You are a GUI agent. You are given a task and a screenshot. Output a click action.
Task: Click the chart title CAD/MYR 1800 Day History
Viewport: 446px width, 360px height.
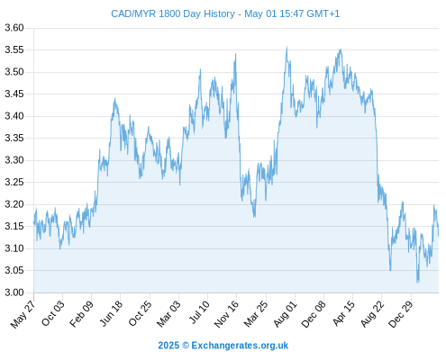[173, 13]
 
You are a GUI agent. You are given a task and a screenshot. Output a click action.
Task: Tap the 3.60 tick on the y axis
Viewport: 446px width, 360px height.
[14, 28]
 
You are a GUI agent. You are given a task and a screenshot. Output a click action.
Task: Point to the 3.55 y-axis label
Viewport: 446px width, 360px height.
[14, 49]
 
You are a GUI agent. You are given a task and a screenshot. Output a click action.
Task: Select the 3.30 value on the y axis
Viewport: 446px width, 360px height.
[14, 160]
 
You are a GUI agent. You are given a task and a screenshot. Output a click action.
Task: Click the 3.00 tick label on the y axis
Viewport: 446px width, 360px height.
[14, 292]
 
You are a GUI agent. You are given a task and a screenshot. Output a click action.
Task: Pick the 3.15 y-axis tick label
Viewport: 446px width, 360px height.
[14, 226]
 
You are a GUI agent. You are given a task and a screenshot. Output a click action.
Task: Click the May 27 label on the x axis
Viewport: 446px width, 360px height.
[23, 314]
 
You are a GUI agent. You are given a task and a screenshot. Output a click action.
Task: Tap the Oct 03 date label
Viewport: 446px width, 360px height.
[53, 313]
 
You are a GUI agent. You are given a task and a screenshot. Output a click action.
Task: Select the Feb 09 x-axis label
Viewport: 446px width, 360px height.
[82, 313]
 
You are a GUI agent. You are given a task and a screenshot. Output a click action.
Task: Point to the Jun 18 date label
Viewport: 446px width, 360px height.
[111, 313]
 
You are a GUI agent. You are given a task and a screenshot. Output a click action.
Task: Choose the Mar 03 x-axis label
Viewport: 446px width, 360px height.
[168, 313]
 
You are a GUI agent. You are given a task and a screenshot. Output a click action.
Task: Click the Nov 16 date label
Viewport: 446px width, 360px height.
[226, 314]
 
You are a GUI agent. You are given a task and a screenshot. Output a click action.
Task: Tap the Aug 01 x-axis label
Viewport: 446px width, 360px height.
[286, 314]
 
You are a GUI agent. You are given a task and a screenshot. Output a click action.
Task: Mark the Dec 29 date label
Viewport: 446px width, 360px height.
[401, 314]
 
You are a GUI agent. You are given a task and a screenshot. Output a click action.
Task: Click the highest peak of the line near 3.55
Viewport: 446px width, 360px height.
[287, 47]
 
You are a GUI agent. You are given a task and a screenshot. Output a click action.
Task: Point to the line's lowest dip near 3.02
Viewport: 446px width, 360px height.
[417, 282]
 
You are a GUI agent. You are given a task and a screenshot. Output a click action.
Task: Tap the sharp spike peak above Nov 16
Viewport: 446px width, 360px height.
[236, 54]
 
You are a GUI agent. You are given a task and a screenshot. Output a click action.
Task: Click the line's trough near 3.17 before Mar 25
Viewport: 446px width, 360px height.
[254, 217]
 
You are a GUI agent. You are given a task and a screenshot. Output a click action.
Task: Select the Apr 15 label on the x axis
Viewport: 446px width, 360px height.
[343, 313]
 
